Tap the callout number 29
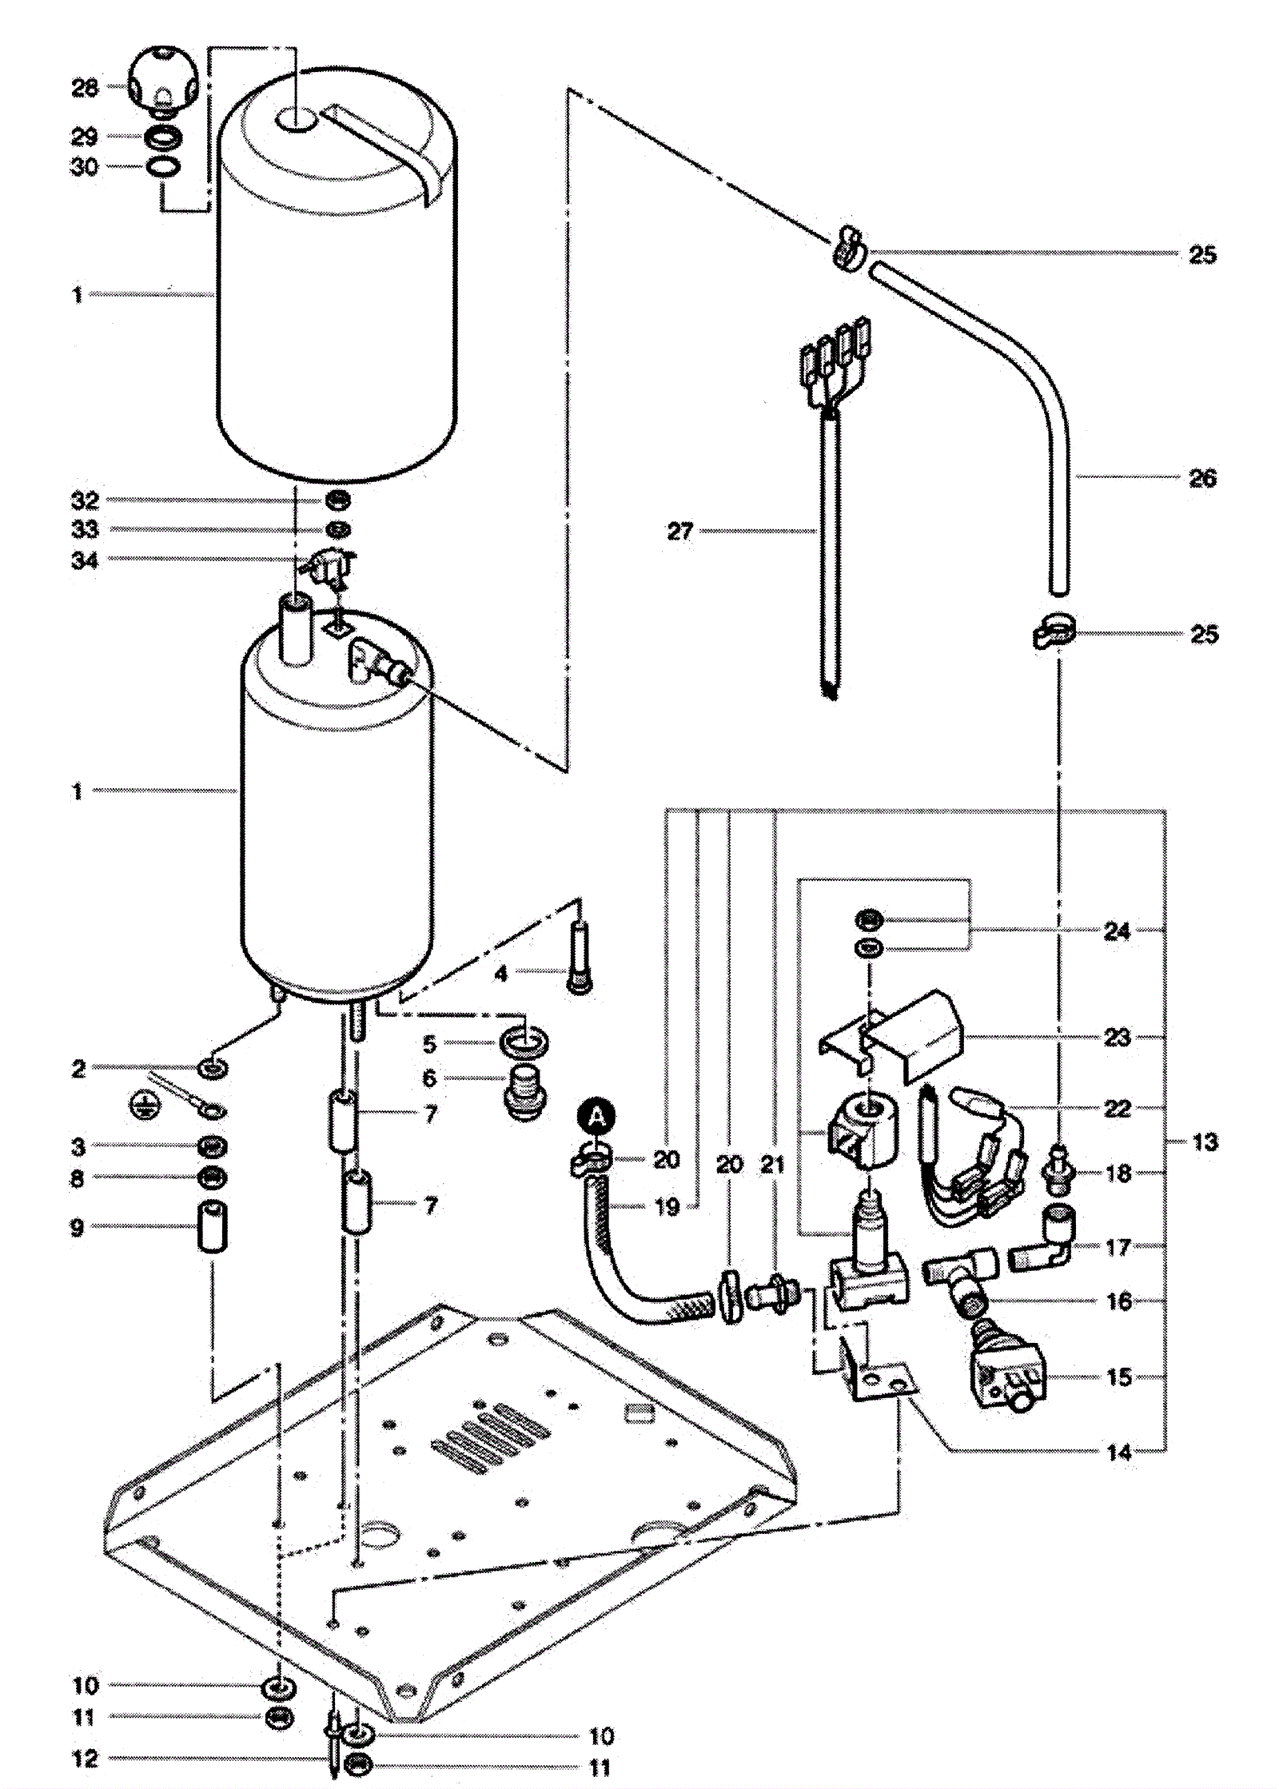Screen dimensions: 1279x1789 point(85,137)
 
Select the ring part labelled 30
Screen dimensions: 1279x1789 point(162,167)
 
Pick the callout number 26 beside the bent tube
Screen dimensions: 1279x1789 point(1202,478)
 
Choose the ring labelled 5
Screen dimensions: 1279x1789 point(524,1042)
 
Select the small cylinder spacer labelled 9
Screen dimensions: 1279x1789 point(213,1225)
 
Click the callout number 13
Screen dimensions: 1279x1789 point(1205,1142)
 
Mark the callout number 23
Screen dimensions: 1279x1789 point(1117,1037)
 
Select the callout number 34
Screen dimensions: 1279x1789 point(85,561)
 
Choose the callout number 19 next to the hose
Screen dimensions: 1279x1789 point(667,1207)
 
